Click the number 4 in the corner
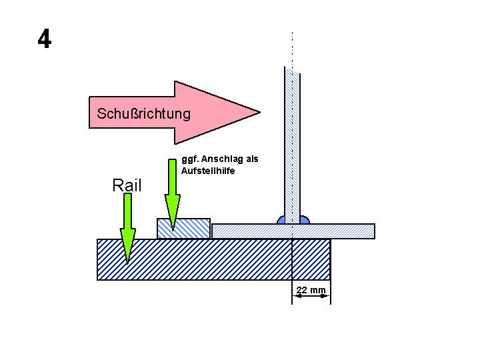pos(44,39)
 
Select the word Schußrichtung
pos(143,113)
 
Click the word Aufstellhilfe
pos(207,171)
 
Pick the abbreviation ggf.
pos(189,160)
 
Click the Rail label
pos(127,185)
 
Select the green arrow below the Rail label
pos(127,227)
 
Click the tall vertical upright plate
pos(292,140)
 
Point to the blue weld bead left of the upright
pos(281,219)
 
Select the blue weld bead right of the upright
pos(304,219)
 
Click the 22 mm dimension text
pos(311,290)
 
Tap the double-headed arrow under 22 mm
pos(310,297)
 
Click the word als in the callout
pos(252,159)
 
